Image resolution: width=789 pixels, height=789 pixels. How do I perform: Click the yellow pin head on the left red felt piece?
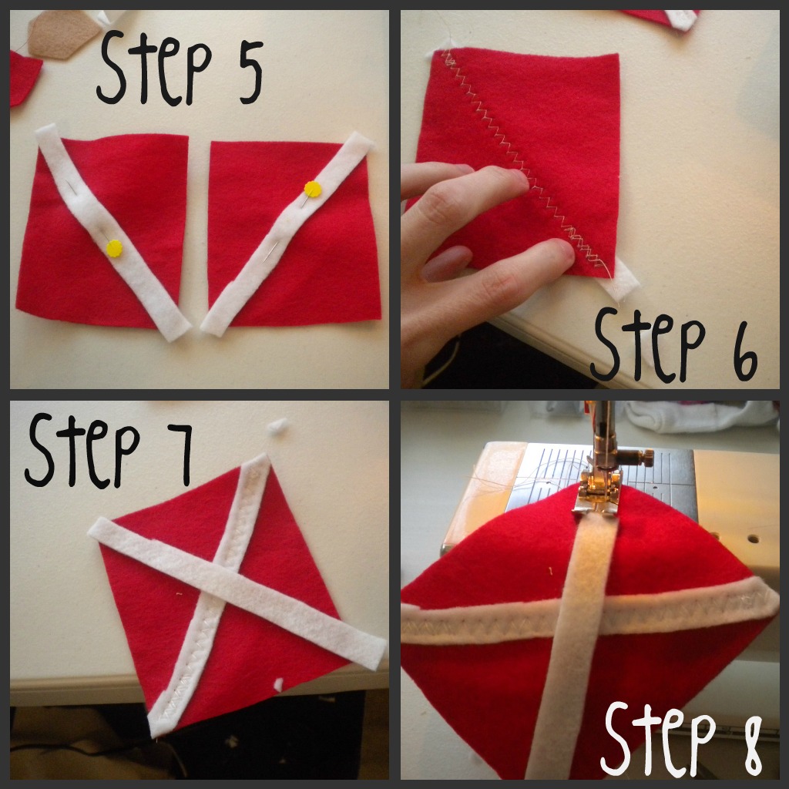tap(114, 248)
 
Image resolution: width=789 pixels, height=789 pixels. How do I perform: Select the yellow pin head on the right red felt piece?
tap(313, 190)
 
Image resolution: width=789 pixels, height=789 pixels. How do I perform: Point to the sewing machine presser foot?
tap(598, 487)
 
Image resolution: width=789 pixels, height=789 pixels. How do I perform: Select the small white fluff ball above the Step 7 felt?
tap(277, 425)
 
